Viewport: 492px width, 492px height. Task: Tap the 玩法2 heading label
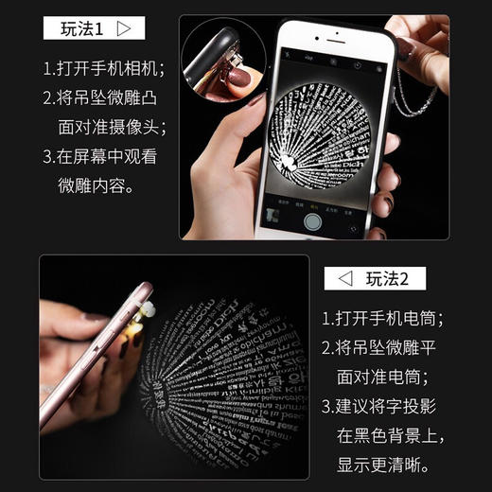point(388,278)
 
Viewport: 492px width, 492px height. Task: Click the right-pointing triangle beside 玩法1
point(124,28)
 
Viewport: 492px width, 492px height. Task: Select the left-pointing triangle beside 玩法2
point(345,278)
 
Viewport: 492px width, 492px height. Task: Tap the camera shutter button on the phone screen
point(313,220)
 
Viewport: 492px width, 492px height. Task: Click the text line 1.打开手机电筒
point(382,319)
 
